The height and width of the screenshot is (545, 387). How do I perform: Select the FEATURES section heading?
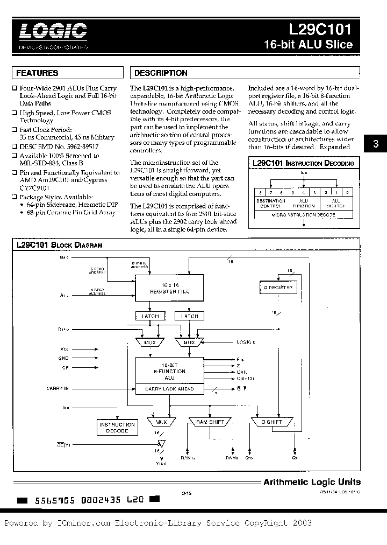coord(37,73)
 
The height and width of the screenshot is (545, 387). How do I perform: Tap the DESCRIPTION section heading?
coord(161,73)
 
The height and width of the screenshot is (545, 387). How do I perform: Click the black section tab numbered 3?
coord(376,143)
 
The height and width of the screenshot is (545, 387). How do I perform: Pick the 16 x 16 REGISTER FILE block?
coord(169,289)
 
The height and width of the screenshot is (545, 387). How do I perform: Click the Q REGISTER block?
coord(277,288)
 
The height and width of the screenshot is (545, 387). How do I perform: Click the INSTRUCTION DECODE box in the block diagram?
coord(117,428)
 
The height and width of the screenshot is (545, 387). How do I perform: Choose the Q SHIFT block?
coord(271,422)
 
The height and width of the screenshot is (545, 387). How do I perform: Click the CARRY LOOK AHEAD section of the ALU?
coord(169,388)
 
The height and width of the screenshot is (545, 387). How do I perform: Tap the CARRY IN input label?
coord(58,388)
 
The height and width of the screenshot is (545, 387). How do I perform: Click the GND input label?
coord(64,358)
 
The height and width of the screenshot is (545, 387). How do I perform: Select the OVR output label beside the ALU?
coord(241,372)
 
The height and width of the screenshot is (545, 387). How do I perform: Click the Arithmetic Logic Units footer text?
coord(312,482)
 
